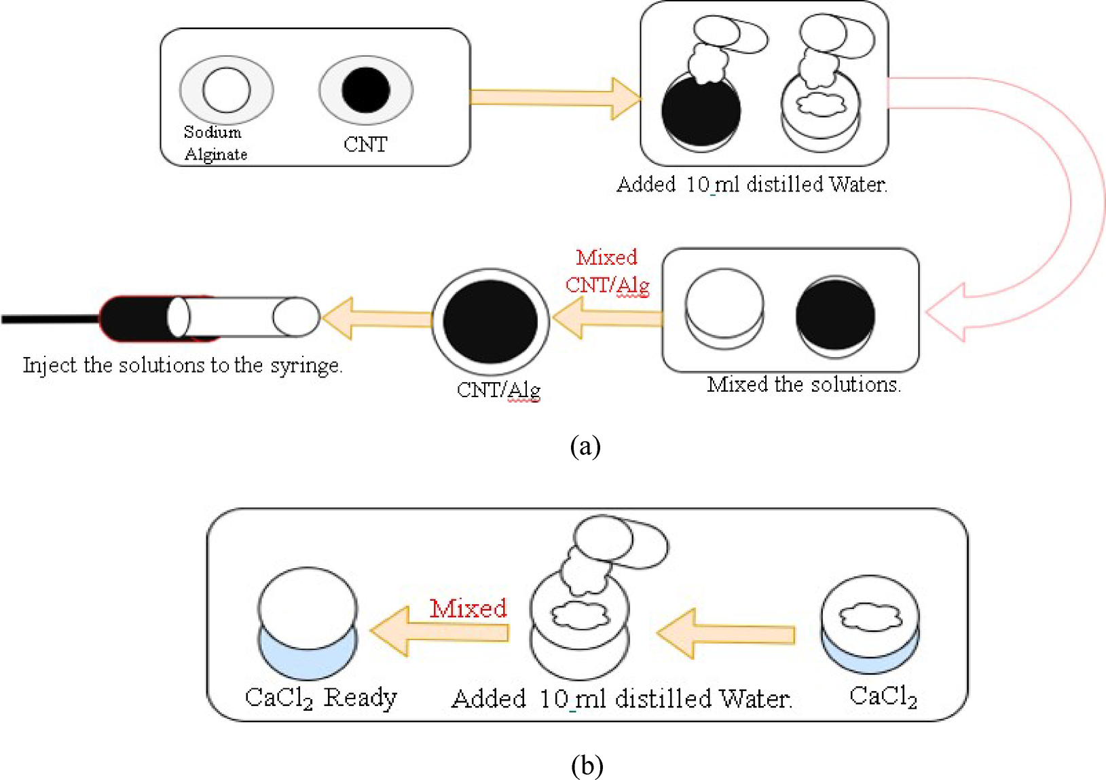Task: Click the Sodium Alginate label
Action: coord(215,143)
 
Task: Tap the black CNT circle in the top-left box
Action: coord(366,90)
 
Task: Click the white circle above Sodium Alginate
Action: coord(226,90)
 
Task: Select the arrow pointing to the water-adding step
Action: coord(553,98)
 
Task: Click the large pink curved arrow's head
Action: coord(947,312)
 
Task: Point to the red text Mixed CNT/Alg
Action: coord(607,271)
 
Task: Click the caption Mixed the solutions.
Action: coord(804,385)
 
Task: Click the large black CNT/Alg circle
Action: coord(490,320)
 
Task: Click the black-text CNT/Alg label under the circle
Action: coord(498,390)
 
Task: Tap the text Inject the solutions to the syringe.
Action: coord(183,365)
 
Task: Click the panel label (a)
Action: coord(585,446)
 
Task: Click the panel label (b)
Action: coord(587,766)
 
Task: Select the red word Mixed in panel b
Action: coord(468,608)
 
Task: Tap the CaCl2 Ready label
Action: coord(320,698)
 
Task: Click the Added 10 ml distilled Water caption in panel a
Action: coord(751,185)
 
